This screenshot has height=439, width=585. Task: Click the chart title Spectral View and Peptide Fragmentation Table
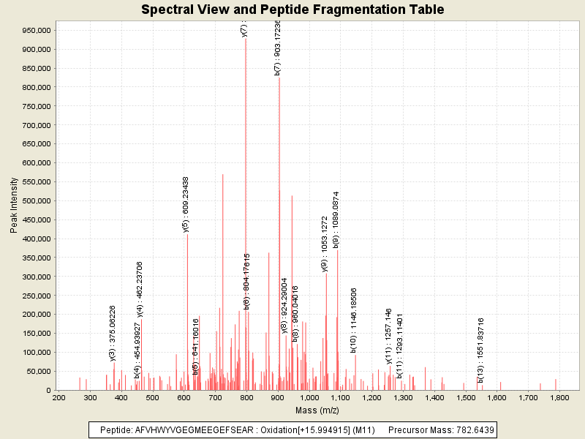pos(292,10)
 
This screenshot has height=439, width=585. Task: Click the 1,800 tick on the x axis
pos(559,397)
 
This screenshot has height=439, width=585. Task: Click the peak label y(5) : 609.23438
pos(186,204)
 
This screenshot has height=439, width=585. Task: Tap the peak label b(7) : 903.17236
pos(278,48)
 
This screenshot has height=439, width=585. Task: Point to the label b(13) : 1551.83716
pos(480,350)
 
